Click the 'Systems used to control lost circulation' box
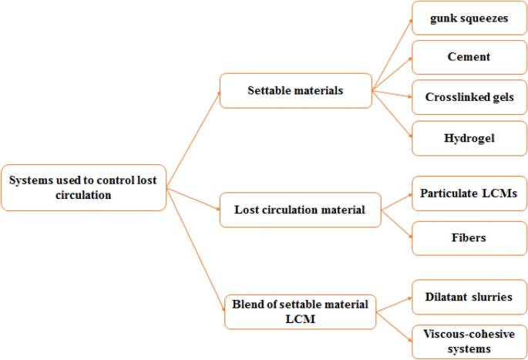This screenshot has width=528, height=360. tap(83, 188)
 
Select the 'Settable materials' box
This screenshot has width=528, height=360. tap(295, 91)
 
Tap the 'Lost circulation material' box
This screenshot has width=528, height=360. tap(301, 209)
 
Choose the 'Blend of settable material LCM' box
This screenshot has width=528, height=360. tap(300, 311)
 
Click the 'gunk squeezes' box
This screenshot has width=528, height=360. tap(469, 19)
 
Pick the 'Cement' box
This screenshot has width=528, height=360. tap(469, 57)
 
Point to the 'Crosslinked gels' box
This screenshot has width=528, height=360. tap(469, 98)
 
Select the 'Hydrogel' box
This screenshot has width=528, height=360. tap(469, 139)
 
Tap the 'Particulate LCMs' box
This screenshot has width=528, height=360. tap(469, 192)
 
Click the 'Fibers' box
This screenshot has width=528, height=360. tap(469, 237)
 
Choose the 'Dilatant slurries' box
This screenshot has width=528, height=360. tap(469, 297)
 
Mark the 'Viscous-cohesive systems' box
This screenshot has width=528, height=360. tap(469, 341)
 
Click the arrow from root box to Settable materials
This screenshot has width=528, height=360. tap(193, 132)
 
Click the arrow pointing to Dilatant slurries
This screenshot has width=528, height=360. tap(395, 301)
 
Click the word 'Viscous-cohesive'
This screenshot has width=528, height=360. tap(469, 334)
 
